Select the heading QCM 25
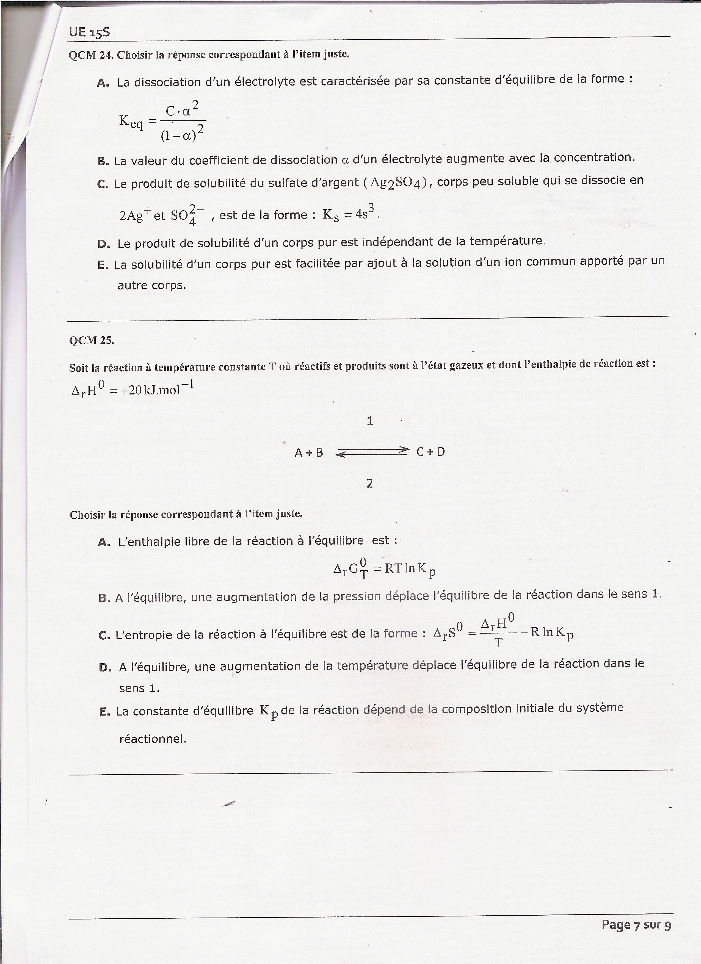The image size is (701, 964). [91, 341]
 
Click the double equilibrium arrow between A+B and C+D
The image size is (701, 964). [372, 452]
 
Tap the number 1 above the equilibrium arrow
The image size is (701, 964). [369, 421]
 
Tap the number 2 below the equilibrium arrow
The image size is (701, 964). [369, 483]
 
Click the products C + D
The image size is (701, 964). [430, 452]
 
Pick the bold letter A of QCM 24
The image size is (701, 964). [103, 83]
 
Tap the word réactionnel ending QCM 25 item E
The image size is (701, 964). [153, 739]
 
